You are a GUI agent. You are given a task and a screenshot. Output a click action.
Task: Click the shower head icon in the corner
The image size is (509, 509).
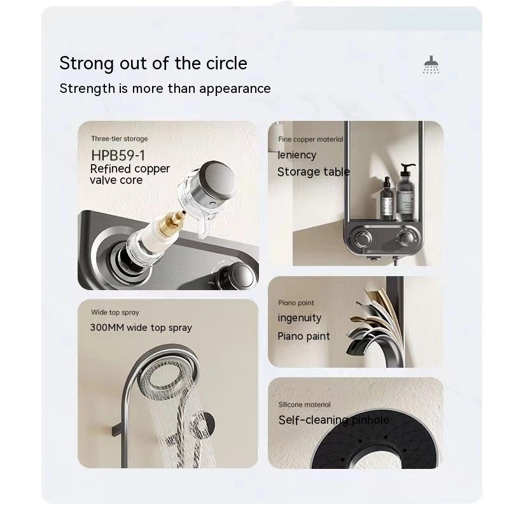[431, 65]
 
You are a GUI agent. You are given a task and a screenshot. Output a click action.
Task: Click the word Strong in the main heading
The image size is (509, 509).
[87, 64]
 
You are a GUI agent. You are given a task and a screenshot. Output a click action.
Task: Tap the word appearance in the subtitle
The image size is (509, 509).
[235, 89]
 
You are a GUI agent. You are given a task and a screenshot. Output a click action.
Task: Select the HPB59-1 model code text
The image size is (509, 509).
[118, 155]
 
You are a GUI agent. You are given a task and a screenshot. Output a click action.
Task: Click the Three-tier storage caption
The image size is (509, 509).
[120, 139]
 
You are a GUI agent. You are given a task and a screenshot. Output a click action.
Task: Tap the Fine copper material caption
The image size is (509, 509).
[310, 139]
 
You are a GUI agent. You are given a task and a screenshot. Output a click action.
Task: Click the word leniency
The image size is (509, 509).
[296, 155]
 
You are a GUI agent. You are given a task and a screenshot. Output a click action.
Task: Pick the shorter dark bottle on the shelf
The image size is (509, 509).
[387, 199]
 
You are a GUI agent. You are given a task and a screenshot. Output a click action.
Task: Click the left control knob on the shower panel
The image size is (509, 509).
[363, 239]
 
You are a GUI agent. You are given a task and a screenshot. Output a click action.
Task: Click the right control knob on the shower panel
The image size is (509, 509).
[406, 237]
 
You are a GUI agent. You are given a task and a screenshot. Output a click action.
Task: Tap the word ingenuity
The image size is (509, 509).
[299, 318]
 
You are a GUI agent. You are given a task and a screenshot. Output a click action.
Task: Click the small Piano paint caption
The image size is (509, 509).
[296, 303]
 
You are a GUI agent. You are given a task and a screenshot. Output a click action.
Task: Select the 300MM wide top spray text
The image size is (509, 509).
[141, 328]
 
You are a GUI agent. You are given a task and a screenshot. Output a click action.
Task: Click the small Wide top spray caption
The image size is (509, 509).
[115, 312]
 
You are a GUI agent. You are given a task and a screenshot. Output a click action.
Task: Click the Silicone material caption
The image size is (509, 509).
[305, 405]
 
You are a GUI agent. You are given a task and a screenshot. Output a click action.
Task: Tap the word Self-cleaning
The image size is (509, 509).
[313, 420]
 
